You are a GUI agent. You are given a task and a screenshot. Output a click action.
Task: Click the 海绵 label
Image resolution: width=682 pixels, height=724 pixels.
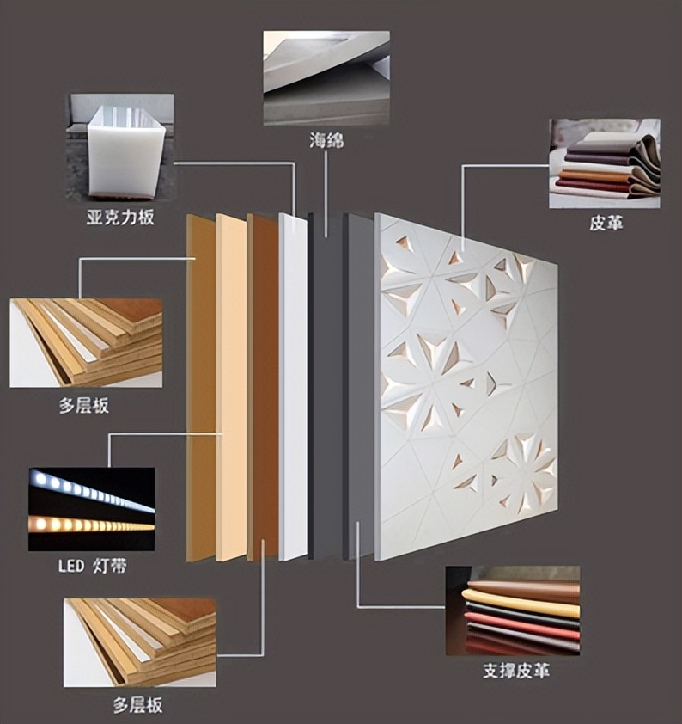point(326,140)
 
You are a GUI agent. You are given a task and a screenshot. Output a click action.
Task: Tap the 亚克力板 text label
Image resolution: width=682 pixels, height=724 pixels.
point(120,217)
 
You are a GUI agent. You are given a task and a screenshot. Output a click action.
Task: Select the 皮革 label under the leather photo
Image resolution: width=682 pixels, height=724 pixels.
point(606,224)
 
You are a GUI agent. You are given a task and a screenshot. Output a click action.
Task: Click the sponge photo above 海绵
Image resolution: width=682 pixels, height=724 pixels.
point(326,77)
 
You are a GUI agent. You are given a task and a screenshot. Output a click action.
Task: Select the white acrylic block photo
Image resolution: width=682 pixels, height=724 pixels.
point(120,147)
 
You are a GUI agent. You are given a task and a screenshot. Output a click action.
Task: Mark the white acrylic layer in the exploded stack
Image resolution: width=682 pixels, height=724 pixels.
point(293,387)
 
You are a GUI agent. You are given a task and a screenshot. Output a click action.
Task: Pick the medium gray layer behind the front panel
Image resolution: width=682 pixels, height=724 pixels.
point(359,387)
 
